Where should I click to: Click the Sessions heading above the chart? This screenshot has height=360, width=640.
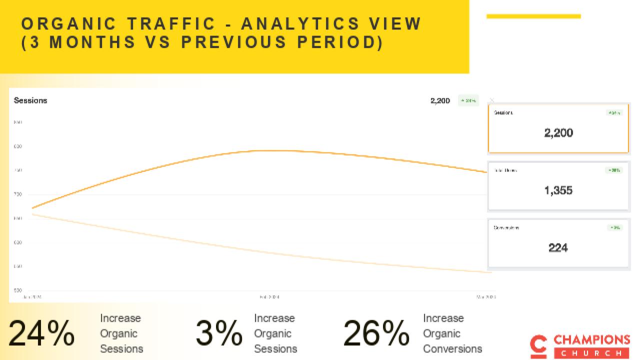[x=30, y=100]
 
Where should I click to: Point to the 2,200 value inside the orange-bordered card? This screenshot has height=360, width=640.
[x=558, y=132]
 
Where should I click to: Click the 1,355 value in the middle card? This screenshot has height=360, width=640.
[x=558, y=190]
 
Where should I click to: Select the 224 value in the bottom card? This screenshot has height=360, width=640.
[x=558, y=247]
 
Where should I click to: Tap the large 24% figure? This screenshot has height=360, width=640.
[x=41, y=333]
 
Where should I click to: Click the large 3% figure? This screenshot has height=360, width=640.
[x=218, y=333]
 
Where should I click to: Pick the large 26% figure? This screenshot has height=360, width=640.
[x=376, y=333]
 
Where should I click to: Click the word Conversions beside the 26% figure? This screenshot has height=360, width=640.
[x=452, y=348]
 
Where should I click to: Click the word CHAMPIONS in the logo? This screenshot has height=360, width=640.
[x=591, y=340]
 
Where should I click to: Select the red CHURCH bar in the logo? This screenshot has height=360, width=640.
[x=591, y=353]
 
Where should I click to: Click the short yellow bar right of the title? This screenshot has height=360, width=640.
[x=533, y=16]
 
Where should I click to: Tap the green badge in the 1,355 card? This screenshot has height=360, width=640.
[x=614, y=170]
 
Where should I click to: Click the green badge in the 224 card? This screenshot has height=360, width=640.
[x=615, y=228]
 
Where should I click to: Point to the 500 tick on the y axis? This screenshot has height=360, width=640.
[x=18, y=290]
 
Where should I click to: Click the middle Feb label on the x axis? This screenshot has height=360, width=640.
[x=269, y=297]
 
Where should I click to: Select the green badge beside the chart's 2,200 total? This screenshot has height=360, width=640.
[x=468, y=101]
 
